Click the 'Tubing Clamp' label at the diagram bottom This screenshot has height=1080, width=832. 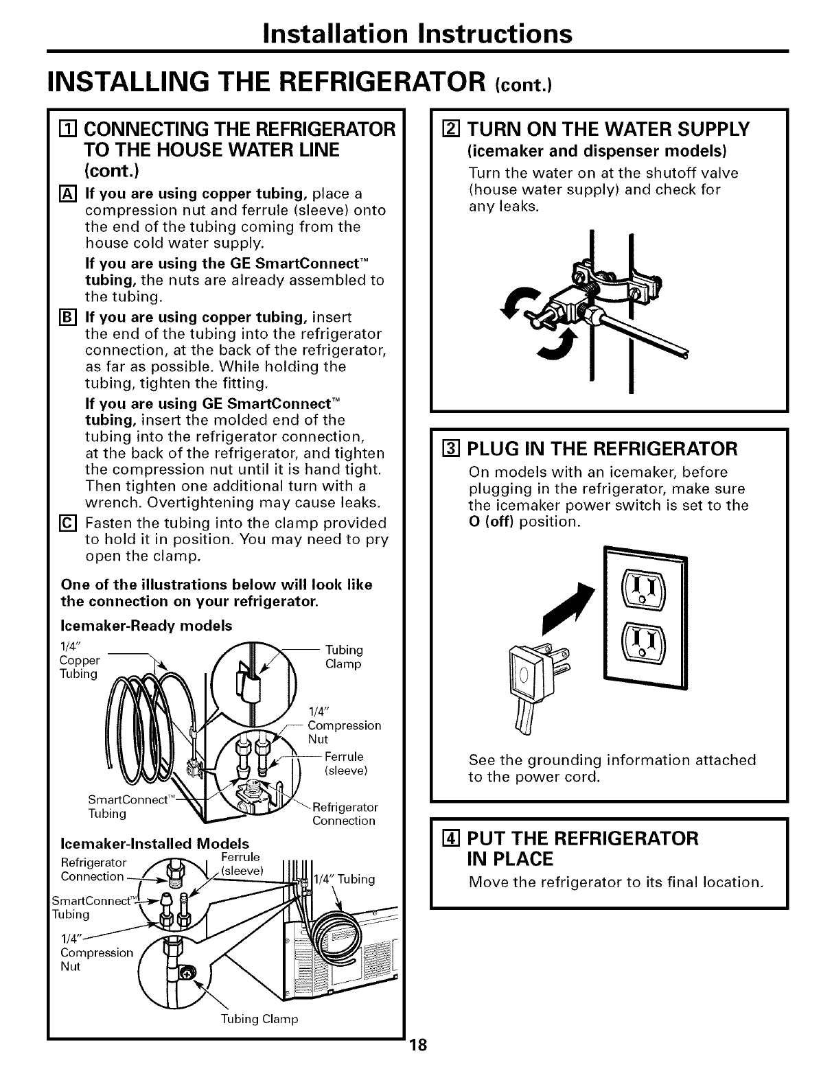[x=259, y=1020]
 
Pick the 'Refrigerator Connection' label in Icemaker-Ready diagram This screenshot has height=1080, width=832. [x=344, y=814]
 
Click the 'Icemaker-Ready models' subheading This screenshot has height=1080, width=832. [x=146, y=626]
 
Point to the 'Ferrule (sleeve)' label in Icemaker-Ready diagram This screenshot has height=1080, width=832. [x=345, y=764]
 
